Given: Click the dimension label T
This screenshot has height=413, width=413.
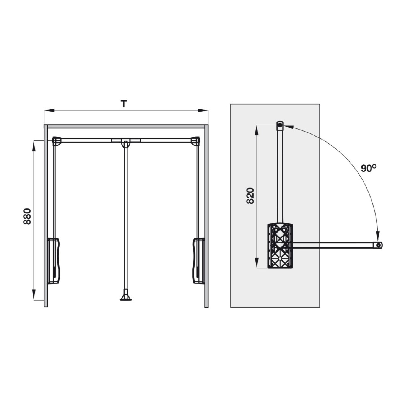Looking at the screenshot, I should point(124,104).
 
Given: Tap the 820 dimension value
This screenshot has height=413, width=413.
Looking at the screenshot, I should point(250,196).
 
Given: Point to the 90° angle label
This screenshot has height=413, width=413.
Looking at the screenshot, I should point(369,168).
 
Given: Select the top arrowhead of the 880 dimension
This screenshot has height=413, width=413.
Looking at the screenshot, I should point(34,144).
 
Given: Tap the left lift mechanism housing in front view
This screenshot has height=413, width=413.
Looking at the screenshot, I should point(54,260).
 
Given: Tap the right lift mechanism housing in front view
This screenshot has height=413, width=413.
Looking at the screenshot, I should point(198,260).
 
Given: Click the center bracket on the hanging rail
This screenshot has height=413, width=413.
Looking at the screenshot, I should point(125,142).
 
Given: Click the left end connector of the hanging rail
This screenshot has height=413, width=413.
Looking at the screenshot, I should point(56,141).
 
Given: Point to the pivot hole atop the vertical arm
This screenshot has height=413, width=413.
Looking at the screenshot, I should point(280,125).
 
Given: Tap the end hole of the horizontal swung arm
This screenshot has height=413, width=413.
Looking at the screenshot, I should point(379,245).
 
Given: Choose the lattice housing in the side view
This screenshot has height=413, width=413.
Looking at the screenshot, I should point(280,246).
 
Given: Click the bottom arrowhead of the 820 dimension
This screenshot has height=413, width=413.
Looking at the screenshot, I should point(256,265).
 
